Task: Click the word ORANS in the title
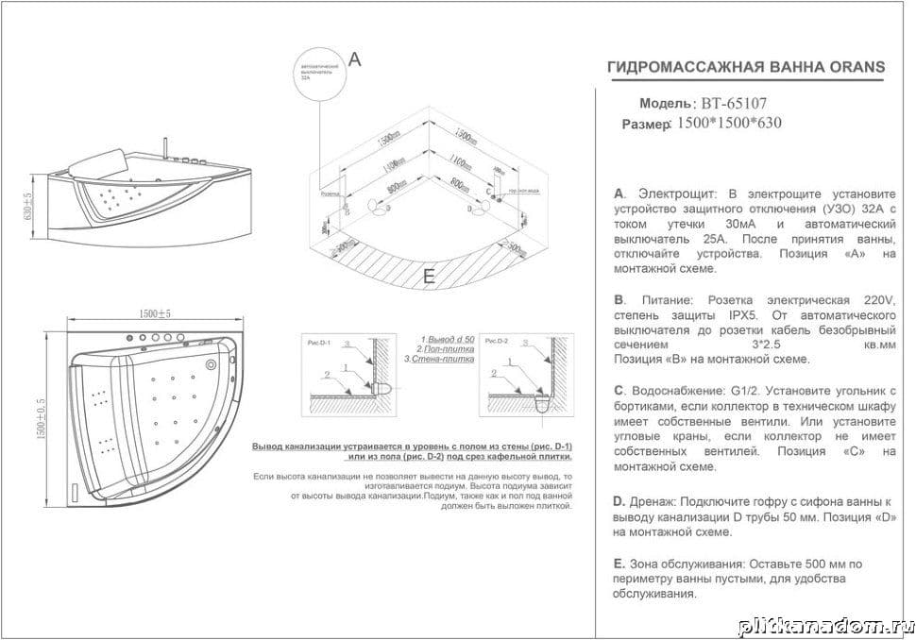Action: tap(857, 67)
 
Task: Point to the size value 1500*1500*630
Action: tap(730, 123)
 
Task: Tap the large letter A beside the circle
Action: tap(355, 59)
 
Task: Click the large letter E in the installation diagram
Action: tap(429, 277)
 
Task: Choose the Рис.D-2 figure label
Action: tap(497, 340)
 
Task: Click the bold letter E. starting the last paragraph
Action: tap(619, 564)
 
